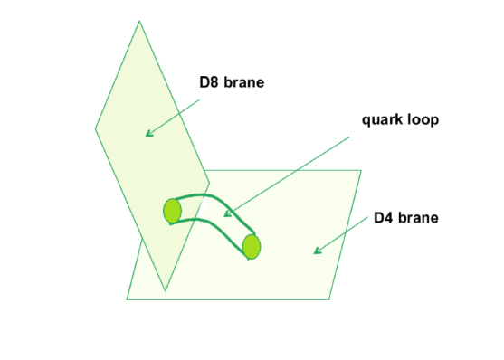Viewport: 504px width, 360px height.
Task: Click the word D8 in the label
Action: [x=210, y=84]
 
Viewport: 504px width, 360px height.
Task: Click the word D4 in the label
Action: [x=384, y=218]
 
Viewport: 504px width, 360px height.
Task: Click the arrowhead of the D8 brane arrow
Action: [x=147, y=135]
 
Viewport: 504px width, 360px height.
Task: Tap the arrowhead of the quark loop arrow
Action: [x=226, y=215]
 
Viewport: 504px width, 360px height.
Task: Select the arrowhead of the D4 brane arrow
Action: [x=316, y=251]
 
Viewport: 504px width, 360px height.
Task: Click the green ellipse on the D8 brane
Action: [x=172, y=211]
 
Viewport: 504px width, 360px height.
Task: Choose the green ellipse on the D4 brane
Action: [x=252, y=245]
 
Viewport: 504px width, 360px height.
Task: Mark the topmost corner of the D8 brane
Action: [x=139, y=21]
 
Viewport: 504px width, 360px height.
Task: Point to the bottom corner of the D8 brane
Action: [x=165, y=290]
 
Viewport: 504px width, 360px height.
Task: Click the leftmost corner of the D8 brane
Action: [x=95, y=128]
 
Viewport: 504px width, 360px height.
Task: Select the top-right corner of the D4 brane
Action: [x=361, y=170]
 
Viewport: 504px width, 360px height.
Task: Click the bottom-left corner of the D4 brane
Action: [x=127, y=298]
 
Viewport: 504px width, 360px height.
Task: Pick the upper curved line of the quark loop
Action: [x=217, y=198]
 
